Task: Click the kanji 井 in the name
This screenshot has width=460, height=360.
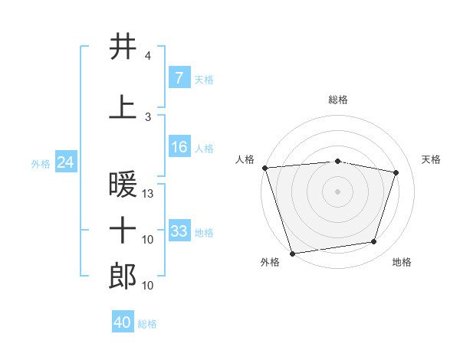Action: coord(123,46)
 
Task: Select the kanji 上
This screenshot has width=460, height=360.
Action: coord(123,107)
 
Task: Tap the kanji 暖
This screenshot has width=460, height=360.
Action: coord(123,184)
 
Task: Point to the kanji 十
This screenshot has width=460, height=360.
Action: coord(123,230)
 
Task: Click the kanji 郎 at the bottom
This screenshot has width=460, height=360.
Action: coord(123,276)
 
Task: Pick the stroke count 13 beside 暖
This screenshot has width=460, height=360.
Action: coord(147,194)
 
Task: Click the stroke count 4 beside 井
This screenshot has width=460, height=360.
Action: coord(147,56)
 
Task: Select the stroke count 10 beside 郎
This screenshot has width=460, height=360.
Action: coord(147,286)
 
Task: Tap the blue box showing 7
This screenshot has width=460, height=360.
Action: coord(179,77)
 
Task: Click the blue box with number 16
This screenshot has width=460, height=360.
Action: coord(179,146)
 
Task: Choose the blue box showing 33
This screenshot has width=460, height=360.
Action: coord(179,230)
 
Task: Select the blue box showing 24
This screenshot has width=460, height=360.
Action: coord(66,162)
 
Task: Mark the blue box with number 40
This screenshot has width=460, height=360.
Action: coord(123,321)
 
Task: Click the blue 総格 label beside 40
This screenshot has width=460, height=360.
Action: coord(147,324)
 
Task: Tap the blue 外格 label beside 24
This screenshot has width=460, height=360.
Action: coord(41,164)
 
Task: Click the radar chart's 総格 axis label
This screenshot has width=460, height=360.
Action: coord(338,100)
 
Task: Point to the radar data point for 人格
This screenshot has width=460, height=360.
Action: coord(265,168)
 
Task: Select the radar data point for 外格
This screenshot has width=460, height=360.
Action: coord(293,254)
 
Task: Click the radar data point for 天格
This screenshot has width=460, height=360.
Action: coord(396,172)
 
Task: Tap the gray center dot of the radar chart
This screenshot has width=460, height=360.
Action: coord(337,191)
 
